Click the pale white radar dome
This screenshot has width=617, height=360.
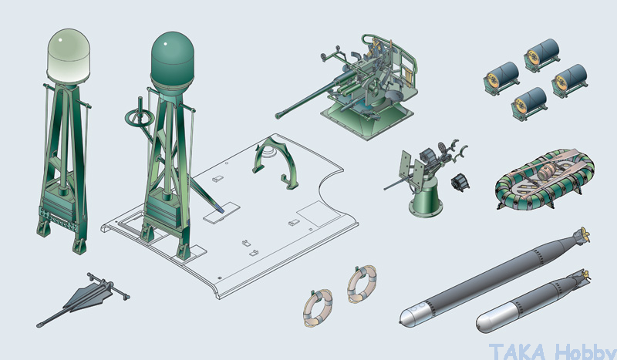pos(69,55)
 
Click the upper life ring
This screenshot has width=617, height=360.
pos(362,283)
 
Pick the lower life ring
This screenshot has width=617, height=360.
pos(318,308)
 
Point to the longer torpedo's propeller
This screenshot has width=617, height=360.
pos(582,235)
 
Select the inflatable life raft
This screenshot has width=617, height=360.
pos(545,178)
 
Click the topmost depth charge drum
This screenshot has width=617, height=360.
pos(542,55)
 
